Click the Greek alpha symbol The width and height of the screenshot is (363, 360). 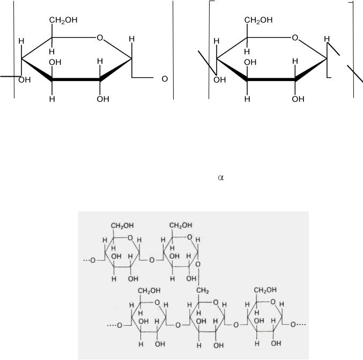221,178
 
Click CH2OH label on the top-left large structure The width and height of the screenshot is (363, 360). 63,20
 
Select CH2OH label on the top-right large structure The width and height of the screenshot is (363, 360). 258,20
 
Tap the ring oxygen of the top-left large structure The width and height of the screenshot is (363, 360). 100,38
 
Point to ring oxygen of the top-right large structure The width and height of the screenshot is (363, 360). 295,38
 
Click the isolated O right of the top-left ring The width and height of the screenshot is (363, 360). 165,79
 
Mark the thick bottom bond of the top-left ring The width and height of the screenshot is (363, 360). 76,79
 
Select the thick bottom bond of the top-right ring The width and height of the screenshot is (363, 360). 271,79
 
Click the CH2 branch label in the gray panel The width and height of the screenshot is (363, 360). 203,290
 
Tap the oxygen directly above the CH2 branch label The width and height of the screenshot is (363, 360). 198,264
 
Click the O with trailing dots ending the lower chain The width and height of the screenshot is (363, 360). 298,325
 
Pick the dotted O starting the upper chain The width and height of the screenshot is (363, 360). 90,260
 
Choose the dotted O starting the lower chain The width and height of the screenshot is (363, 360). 115,325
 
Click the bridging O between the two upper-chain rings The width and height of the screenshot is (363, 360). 152,260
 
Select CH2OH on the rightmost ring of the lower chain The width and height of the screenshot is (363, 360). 265,290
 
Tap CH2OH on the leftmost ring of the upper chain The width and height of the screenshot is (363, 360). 122,226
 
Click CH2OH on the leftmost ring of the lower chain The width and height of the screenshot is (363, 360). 149,290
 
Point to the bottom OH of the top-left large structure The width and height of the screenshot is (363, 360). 103,99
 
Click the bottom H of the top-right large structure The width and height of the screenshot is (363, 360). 247,99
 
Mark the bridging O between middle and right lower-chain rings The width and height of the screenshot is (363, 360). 236,325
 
